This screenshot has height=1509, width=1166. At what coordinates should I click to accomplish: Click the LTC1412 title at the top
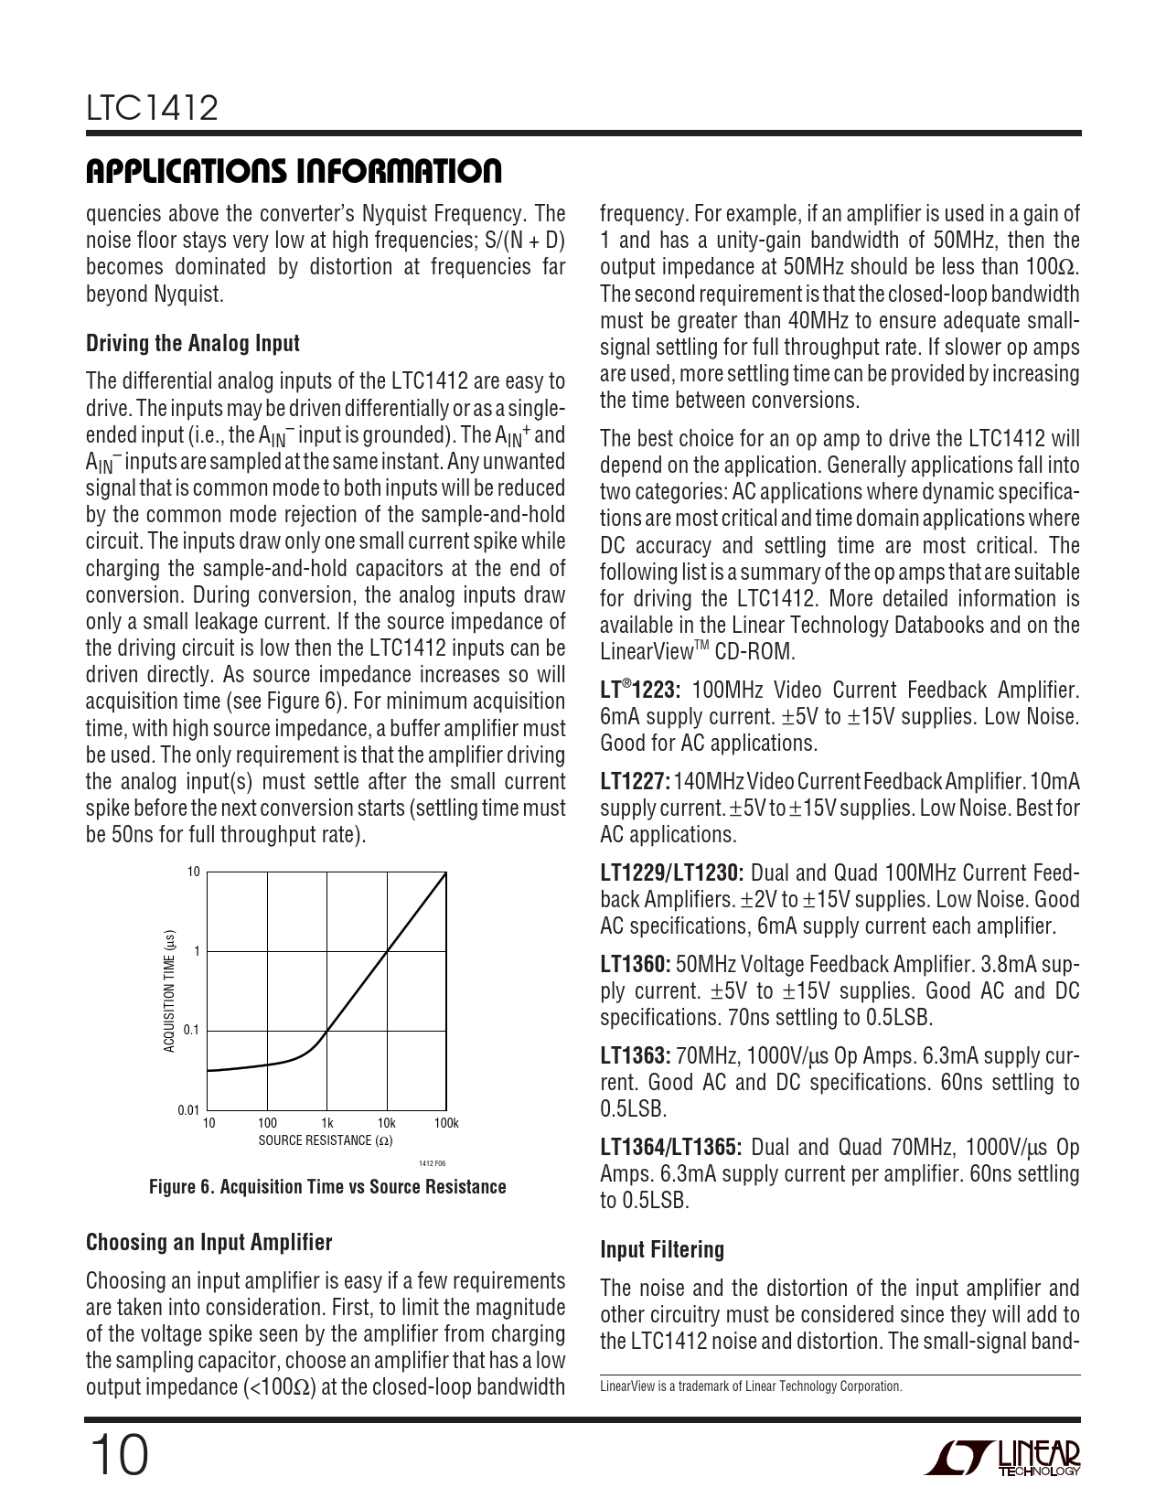pos(153,109)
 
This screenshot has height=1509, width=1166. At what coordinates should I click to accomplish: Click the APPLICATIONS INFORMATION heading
pos(294,171)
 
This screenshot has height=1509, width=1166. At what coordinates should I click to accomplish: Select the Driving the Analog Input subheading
pos(193,344)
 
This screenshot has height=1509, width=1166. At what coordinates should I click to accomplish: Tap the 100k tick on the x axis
pos(446,1123)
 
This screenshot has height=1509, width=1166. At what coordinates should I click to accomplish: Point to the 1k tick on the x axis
pos(326,1123)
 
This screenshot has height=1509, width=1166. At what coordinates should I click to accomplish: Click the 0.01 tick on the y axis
pos(188,1110)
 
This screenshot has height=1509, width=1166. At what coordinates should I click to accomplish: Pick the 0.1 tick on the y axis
pos(191,1031)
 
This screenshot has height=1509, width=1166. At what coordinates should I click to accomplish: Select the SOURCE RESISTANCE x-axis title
pos(326,1140)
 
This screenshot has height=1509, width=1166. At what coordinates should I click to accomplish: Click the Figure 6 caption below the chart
pos(327,1187)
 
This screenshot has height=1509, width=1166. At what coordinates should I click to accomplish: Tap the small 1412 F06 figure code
pos(432,1162)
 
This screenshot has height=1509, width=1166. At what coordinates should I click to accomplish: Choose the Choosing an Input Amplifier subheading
pos(209,1243)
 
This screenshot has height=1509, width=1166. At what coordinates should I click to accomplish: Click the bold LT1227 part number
pos(635,782)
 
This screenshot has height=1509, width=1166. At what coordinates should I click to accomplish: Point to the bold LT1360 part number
pos(636,964)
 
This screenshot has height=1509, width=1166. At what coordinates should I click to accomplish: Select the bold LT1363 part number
pos(636,1056)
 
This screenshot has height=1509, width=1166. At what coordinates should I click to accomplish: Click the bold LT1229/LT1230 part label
pos(672,873)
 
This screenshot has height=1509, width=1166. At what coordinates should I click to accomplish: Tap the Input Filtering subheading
pos(662,1250)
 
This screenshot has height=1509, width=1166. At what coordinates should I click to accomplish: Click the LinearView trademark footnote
pos(751,1386)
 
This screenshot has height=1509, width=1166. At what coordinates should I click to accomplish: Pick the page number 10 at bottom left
pos(117,1456)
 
